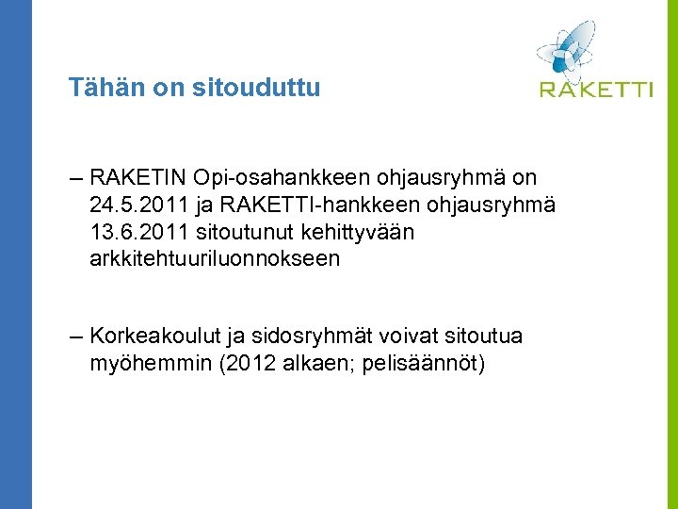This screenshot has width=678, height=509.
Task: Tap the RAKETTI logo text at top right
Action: tap(596, 90)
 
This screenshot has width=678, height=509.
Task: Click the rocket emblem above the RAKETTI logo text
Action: tap(567, 47)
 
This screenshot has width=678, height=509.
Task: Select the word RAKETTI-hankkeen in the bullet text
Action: tap(326, 205)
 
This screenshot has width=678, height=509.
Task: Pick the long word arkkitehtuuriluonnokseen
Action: tap(215, 258)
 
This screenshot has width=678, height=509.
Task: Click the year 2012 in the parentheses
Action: tap(250, 364)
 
